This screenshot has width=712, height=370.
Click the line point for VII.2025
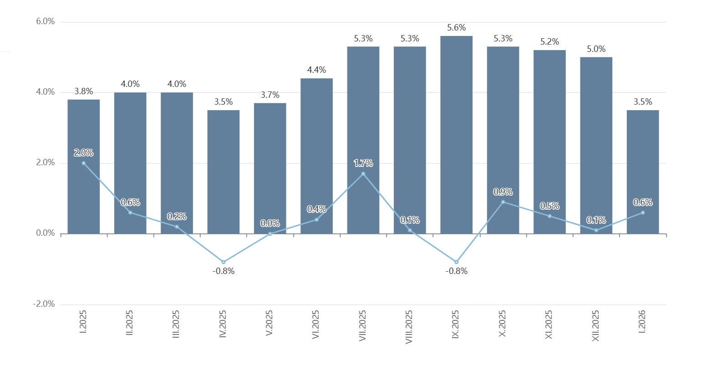[363, 174]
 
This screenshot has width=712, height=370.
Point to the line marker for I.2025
[84, 163]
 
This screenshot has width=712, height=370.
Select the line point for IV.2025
[223, 262]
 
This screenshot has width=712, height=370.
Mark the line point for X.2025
[503, 202]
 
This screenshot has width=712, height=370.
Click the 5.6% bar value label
[456, 28]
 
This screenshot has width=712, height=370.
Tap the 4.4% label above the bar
[316, 70]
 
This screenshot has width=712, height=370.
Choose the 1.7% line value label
[363, 163]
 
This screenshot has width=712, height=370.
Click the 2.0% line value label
[84, 152]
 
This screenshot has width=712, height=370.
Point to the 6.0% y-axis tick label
[45, 21]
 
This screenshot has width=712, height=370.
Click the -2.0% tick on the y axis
[44, 304]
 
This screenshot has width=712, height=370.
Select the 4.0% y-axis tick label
[45, 92]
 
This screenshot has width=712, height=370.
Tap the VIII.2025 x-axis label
[409, 327]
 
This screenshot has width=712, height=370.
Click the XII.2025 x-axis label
[595, 325]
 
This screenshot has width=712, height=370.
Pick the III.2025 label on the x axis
[176, 324]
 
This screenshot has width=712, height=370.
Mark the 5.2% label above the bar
[549, 42]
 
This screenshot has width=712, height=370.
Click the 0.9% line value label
[503, 192]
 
